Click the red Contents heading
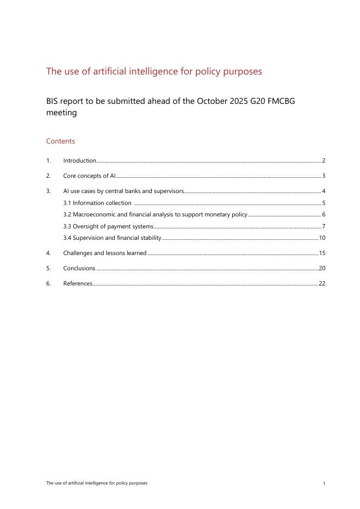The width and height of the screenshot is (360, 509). pyautogui.click(x=60, y=141)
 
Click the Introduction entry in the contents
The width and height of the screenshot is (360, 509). pyautogui.click(x=79, y=160)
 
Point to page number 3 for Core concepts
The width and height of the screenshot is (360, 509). pyautogui.click(x=324, y=176)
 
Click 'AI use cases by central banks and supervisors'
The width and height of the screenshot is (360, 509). pyautogui.click(x=123, y=191)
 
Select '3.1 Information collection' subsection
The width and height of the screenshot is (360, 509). pyautogui.click(x=97, y=203)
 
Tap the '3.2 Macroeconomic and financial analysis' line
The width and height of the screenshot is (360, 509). pyautogui.click(x=156, y=215)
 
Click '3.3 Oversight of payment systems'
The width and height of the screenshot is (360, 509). pyautogui.click(x=108, y=226)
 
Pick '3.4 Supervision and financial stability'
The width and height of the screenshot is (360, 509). pyautogui.click(x=113, y=238)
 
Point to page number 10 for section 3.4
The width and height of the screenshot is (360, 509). pyautogui.click(x=322, y=238)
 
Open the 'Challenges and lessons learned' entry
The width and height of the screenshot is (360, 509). pyautogui.click(x=104, y=253)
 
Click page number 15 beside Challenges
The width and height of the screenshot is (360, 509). pyautogui.click(x=322, y=253)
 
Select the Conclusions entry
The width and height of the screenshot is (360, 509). pyautogui.click(x=79, y=268)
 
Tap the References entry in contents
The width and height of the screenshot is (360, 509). pyautogui.click(x=78, y=283)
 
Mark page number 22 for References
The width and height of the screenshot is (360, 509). pyautogui.click(x=322, y=283)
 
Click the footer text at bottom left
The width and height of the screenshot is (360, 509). pyautogui.click(x=97, y=483)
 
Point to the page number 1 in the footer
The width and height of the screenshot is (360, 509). pyautogui.click(x=324, y=483)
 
